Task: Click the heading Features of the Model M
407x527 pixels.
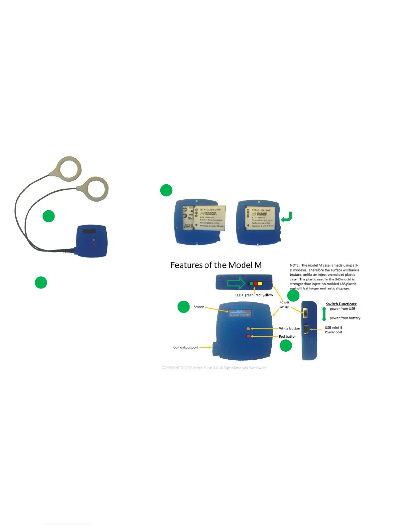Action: coord(216,265)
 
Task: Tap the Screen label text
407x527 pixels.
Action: coord(199,307)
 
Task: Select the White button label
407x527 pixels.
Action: coord(289,328)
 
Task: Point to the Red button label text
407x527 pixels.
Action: coord(288,336)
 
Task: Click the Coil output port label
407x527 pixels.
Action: coord(186,347)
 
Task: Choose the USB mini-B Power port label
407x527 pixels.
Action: coord(334,330)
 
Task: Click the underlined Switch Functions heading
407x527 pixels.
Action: coord(341,304)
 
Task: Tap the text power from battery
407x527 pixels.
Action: coord(345,318)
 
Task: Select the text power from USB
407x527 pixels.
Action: coord(342,309)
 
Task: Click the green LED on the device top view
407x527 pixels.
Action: coord(251,284)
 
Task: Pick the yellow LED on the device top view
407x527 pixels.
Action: coord(260,284)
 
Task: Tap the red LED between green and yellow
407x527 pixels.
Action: coord(256,284)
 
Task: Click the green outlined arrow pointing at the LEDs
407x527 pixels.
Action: coord(236,283)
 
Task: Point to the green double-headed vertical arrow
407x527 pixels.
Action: coord(324,314)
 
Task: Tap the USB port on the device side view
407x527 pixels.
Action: coord(306,329)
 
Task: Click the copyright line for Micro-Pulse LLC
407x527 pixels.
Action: coord(214,368)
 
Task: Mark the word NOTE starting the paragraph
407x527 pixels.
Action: coord(294,265)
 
